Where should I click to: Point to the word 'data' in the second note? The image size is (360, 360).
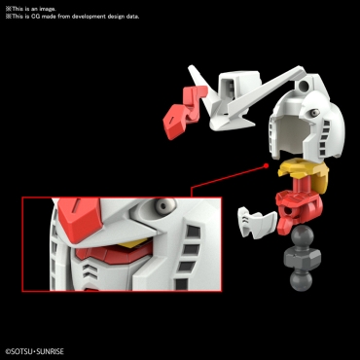pyautogui.click(x=131, y=17)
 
